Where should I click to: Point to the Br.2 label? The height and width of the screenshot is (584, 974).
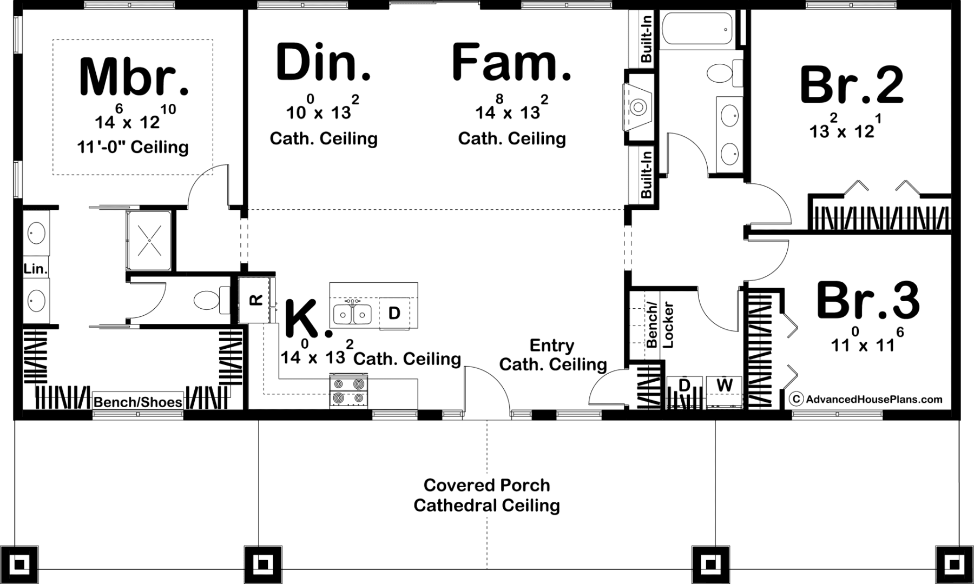click(x=852, y=84)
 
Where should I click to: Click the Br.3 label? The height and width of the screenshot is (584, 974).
click(x=868, y=300)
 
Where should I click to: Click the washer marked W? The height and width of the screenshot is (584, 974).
click(x=724, y=391)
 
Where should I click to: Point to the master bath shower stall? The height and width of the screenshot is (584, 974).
click(x=149, y=240)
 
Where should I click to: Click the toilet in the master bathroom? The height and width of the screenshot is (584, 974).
click(x=212, y=301)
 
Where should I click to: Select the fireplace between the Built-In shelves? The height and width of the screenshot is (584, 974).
click(x=639, y=107)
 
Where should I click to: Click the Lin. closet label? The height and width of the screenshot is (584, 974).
click(x=36, y=269)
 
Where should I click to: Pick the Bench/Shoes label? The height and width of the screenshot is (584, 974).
click(x=138, y=402)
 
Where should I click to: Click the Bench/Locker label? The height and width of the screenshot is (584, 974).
click(x=660, y=324)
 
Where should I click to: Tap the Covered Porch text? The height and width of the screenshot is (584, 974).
click(x=486, y=485)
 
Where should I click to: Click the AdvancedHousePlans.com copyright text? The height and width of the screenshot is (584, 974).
click(x=866, y=399)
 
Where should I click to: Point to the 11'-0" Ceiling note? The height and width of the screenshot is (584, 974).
click(x=133, y=147)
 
